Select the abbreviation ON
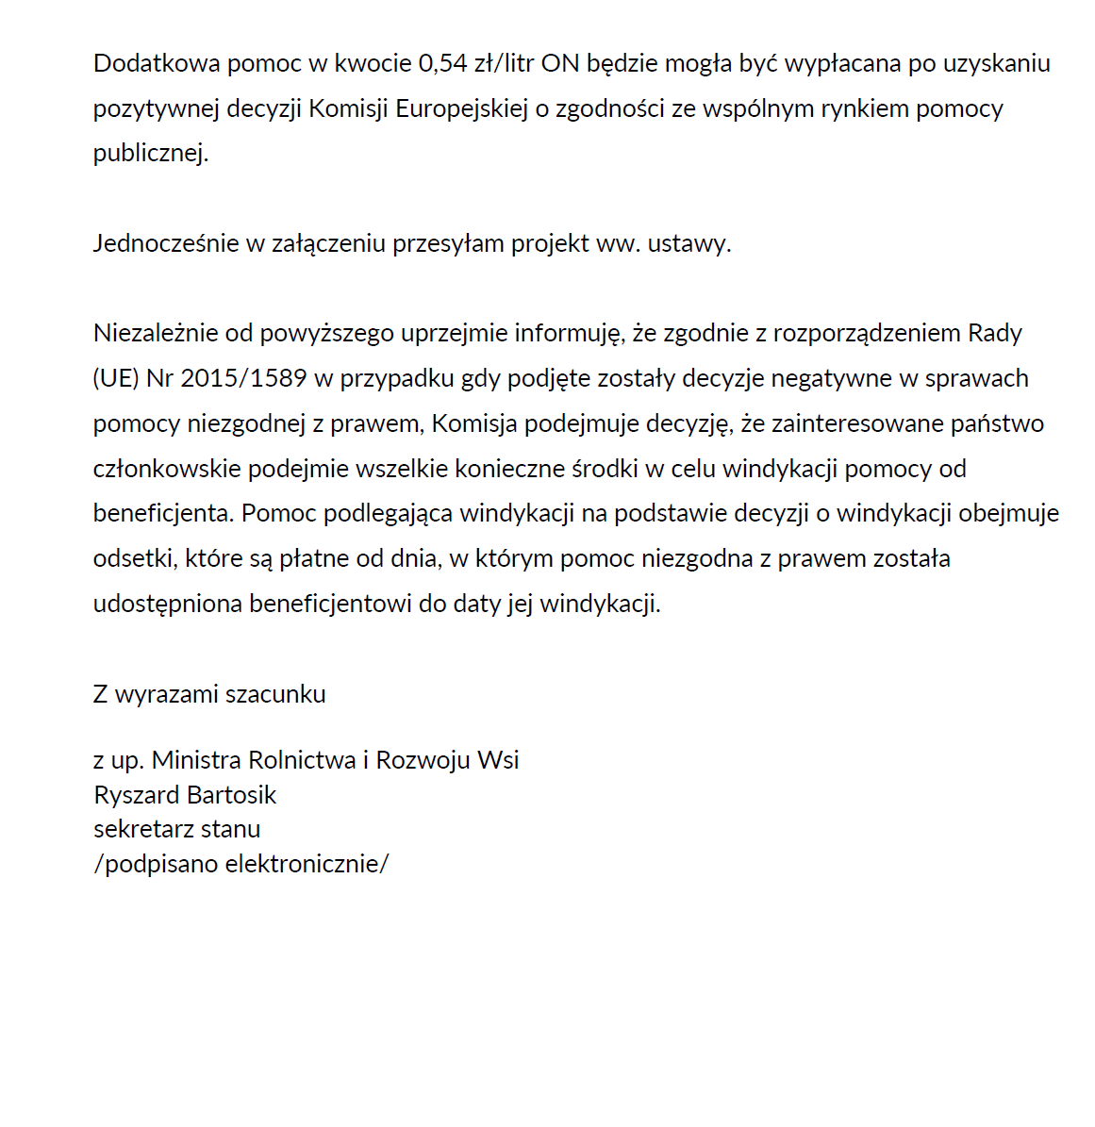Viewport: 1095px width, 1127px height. coord(560,63)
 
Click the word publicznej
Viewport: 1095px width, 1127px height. coord(150,154)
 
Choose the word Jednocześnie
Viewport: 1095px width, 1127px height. coord(166,243)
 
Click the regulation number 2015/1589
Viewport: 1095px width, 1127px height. coord(243,378)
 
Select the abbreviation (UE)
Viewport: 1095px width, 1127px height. coord(116,378)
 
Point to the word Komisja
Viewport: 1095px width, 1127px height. coord(474,423)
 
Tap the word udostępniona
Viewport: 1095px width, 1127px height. coord(168,604)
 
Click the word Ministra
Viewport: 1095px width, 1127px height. coord(196,760)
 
